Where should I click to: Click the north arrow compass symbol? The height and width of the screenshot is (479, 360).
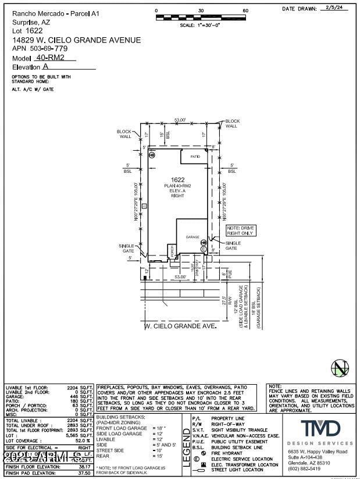pos(339,368)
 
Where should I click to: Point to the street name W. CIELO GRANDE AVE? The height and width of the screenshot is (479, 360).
pos(180,326)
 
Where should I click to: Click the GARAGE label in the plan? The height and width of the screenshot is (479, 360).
pos(193,237)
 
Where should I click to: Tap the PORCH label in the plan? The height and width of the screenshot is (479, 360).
pos(172,251)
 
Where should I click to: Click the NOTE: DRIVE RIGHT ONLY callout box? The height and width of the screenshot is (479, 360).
pos(241,230)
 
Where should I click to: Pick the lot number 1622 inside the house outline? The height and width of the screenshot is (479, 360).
pos(177,180)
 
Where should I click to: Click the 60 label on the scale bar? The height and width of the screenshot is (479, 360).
pos(245,11)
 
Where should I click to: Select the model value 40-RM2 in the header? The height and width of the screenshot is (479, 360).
pos(49,58)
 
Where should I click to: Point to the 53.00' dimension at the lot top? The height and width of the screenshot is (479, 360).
pos(180,120)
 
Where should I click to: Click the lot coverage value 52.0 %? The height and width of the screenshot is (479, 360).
pos(83,441)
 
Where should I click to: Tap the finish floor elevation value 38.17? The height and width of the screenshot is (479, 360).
pos(85,466)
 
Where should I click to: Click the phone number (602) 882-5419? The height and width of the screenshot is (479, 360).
pos(304,469)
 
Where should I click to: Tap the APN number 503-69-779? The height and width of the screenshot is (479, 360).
pos(48,49)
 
